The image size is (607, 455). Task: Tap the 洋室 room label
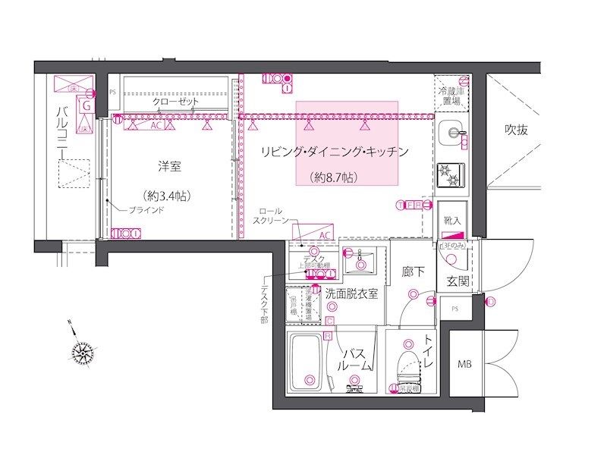click(x=168, y=166)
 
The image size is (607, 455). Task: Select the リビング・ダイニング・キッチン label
click(x=335, y=152)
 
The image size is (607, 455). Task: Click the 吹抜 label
click(x=517, y=130)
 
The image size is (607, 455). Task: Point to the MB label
click(x=464, y=364)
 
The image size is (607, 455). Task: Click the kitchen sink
click(x=454, y=133)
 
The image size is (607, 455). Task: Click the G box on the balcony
click(x=86, y=107)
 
